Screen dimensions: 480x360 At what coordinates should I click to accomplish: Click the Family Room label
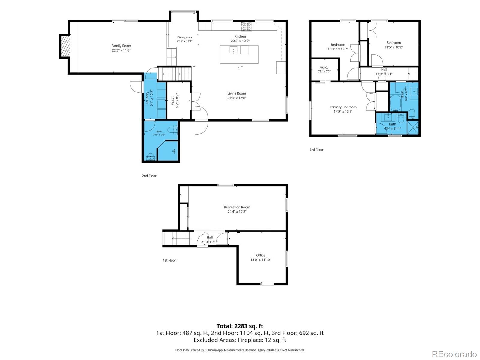(x=121, y=46)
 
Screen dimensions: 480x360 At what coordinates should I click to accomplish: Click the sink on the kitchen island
(x=233, y=50)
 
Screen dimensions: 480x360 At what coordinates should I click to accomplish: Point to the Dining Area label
(x=184, y=38)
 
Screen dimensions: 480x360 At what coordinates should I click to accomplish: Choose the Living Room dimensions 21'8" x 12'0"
(x=237, y=98)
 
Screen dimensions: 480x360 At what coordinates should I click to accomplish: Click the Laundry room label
(x=147, y=98)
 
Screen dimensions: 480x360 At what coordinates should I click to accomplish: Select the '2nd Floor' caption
(x=149, y=176)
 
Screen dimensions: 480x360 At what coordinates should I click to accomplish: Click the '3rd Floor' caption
(x=316, y=150)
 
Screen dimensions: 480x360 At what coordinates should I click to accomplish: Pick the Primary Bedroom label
(x=343, y=107)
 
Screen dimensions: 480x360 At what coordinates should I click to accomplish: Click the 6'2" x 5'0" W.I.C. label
(x=324, y=71)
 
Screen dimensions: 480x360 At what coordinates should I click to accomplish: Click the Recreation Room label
(x=237, y=207)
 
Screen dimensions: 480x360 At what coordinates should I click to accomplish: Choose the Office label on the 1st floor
(x=261, y=255)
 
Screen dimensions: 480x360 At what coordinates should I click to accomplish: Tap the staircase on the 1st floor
(x=181, y=238)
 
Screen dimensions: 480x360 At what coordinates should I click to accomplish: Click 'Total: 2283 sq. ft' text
(x=240, y=326)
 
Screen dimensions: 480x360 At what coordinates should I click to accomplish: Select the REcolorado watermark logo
(x=454, y=354)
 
